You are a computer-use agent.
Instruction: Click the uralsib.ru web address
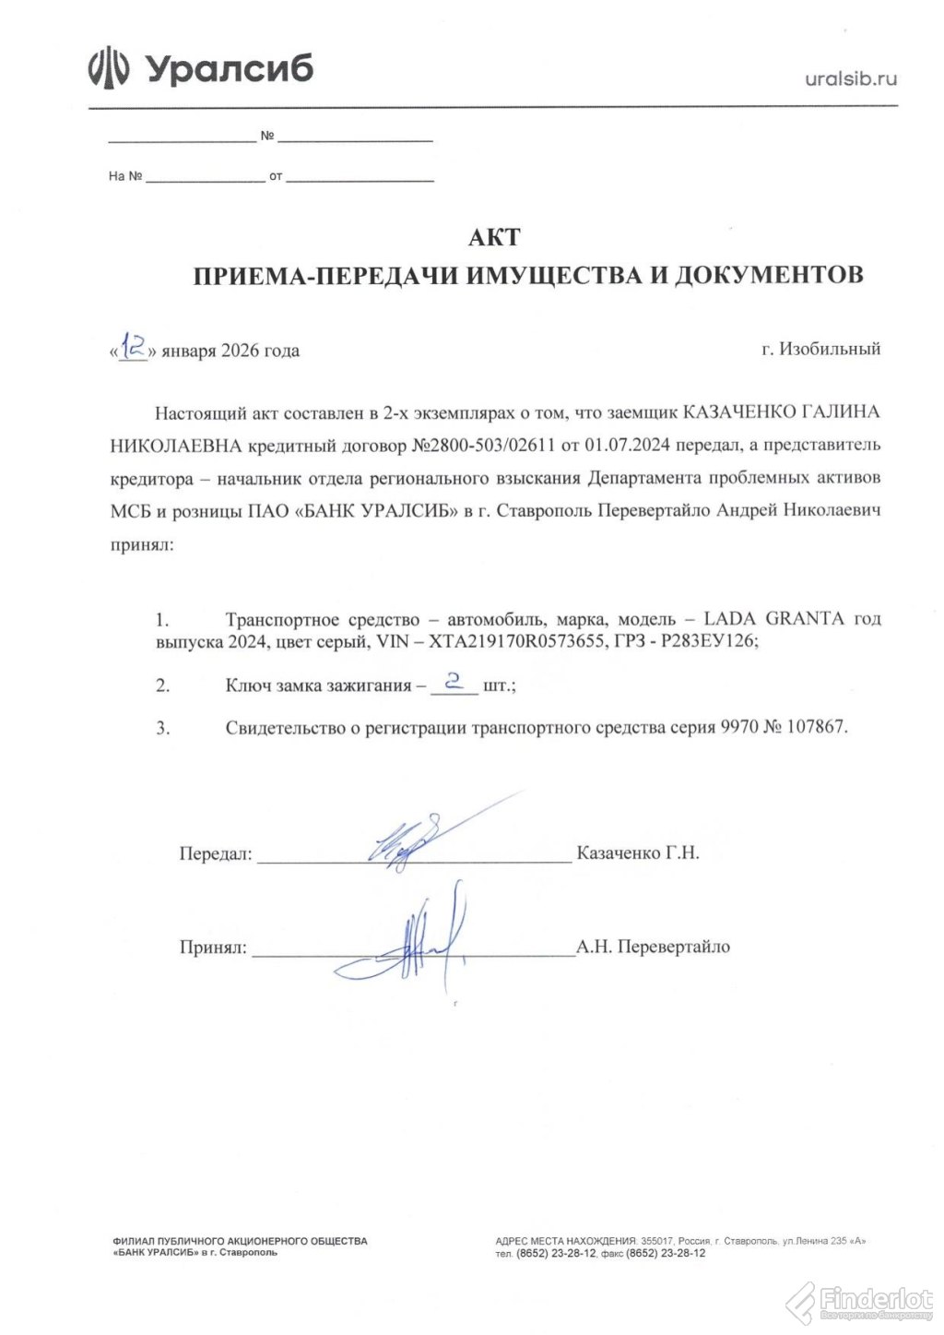click(x=850, y=78)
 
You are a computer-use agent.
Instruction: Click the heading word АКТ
click(x=494, y=237)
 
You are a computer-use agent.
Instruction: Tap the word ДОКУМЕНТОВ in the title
click(x=769, y=275)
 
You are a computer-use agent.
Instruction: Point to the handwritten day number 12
click(x=135, y=347)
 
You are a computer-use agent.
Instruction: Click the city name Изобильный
click(x=830, y=349)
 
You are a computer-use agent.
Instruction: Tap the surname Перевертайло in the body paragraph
click(x=655, y=511)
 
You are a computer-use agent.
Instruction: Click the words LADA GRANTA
click(x=774, y=618)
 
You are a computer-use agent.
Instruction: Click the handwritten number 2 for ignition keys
click(x=452, y=682)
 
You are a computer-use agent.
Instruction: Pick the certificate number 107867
click(x=815, y=727)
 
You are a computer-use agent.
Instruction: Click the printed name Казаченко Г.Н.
click(x=637, y=853)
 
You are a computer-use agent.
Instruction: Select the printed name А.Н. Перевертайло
click(x=653, y=947)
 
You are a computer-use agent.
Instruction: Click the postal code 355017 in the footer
click(x=657, y=1241)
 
